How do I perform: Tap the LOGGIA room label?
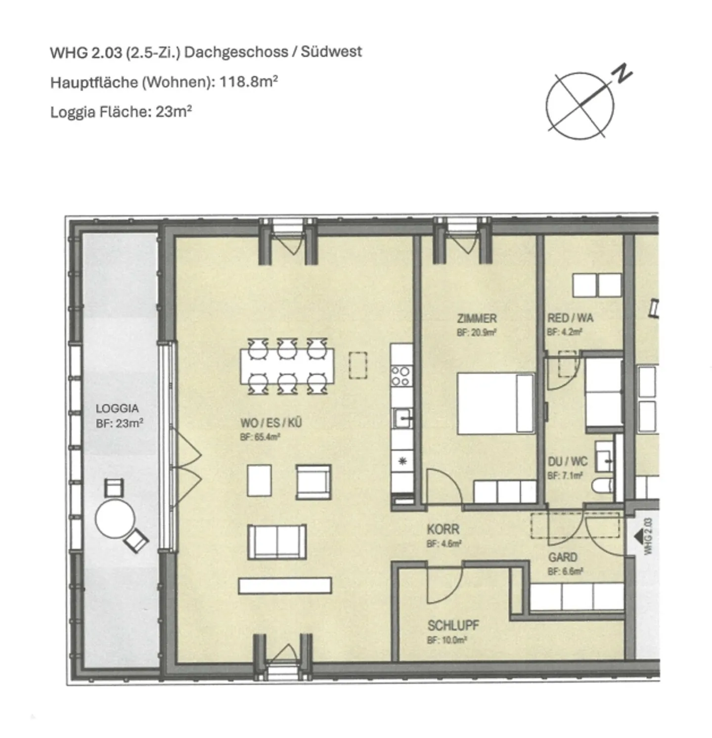tap(117, 409)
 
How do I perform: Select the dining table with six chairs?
tap(287, 366)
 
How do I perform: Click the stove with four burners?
tap(400, 375)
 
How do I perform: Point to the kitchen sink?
tap(402, 419)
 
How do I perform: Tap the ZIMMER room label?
tap(477, 318)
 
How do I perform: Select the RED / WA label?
tap(570, 318)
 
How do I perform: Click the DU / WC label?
tap(568, 462)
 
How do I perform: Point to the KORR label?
tap(443, 529)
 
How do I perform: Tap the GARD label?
tap(563, 558)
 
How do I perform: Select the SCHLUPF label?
tap(453, 626)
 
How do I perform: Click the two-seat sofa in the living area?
tap(277, 542)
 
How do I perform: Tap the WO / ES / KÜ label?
tap(270, 423)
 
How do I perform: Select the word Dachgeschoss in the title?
tap(236, 52)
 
